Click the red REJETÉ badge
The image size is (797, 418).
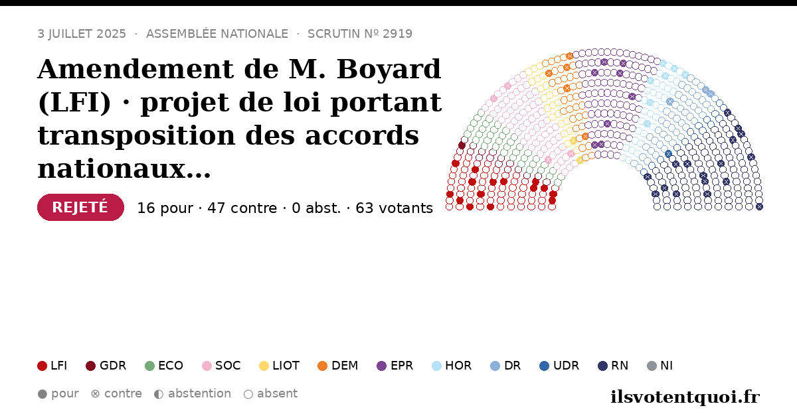tap(80, 207)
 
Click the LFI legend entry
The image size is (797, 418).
tap(52, 366)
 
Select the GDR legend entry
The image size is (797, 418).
tap(106, 366)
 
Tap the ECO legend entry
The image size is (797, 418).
tap(164, 366)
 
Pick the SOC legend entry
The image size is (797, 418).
tap(221, 366)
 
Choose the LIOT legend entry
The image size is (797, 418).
tap(280, 366)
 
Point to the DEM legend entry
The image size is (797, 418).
tap(337, 366)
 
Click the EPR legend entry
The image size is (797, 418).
tap(395, 366)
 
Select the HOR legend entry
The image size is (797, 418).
tap(452, 366)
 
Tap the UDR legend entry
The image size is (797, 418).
tap(559, 366)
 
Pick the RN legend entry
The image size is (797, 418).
tap(613, 366)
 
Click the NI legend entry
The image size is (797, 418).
tap(660, 366)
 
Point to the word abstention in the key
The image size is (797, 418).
tap(199, 393)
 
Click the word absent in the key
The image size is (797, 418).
tap(277, 393)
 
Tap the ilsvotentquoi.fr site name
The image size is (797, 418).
tap(685, 397)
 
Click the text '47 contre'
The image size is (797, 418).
tap(242, 208)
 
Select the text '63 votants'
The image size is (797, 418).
tap(395, 208)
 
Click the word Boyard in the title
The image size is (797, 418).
tap(389, 70)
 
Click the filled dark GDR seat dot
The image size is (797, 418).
tap(462, 145)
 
